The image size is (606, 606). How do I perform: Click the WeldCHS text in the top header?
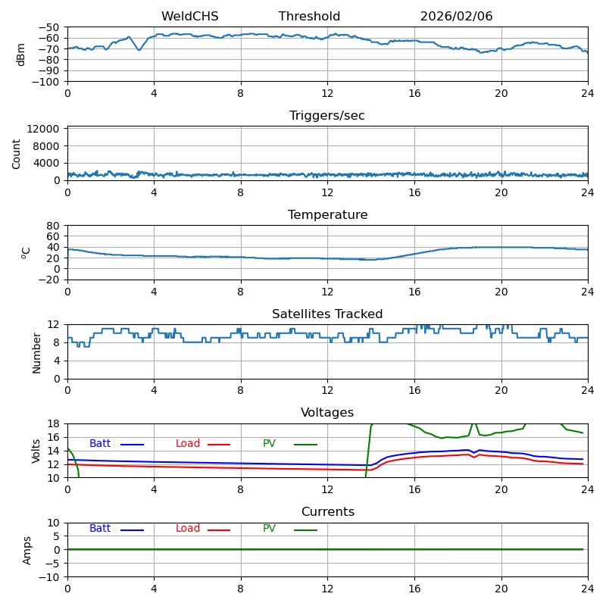pos(189,17)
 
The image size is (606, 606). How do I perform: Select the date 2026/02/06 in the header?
pos(456,17)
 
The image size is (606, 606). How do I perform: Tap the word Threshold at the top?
pos(309,17)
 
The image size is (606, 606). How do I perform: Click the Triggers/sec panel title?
pos(327,116)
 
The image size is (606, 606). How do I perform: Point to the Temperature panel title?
pos(327,215)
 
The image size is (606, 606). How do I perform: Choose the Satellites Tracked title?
pos(327,314)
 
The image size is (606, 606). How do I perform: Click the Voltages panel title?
pos(327,413)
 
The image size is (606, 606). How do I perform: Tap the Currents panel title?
pos(327,512)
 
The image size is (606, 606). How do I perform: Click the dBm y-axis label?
pos(21,55)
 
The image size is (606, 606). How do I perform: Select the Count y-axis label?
pos(17,154)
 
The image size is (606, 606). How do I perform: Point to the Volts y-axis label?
pos(36,451)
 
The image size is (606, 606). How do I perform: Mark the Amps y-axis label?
pos(27,550)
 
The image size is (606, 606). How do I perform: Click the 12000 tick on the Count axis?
pos(45,130)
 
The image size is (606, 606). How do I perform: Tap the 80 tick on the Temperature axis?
pos(54,226)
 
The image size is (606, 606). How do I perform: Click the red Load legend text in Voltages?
pos(188,444)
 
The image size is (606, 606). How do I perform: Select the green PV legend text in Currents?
pos(269,529)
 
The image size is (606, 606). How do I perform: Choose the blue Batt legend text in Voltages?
pos(100,444)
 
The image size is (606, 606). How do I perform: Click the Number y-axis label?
pos(36,352)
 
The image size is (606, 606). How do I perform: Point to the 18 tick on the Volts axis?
pos(54,424)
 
